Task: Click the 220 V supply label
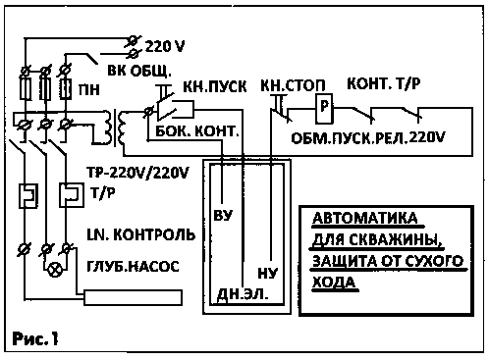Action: [x=165, y=46]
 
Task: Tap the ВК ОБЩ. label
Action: [x=139, y=71]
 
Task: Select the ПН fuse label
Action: [x=89, y=89]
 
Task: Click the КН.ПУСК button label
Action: [x=215, y=86]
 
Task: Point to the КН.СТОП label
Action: [x=293, y=85]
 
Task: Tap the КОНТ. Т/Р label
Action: [x=384, y=84]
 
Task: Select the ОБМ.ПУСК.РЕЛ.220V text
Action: [x=368, y=138]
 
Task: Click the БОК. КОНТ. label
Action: [x=197, y=131]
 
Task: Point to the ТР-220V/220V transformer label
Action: [x=137, y=173]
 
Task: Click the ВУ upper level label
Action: [x=223, y=215]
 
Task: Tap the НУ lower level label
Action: [x=268, y=273]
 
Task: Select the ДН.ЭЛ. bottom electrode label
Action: [x=243, y=294]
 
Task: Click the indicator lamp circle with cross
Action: [x=54, y=270]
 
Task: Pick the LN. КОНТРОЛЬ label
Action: [x=141, y=234]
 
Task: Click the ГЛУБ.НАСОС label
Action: [x=133, y=267]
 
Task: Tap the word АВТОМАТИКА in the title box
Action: [x=365, y=218]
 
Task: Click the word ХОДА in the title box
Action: [x=334, y=282]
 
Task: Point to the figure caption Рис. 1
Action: [x=35, y=338]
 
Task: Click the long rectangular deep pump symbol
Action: [x=134, y=297]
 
